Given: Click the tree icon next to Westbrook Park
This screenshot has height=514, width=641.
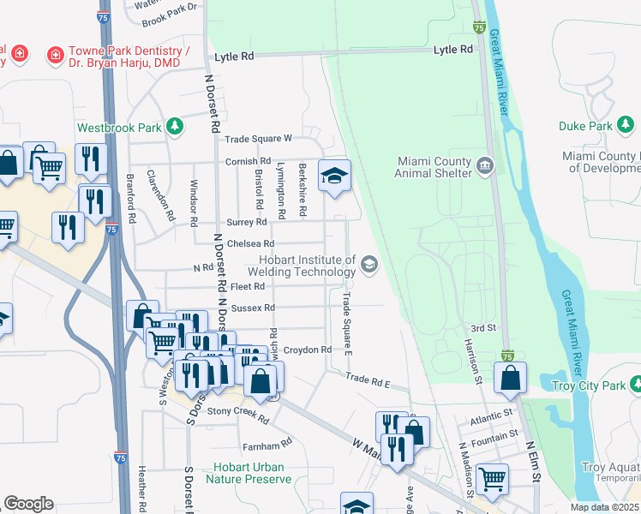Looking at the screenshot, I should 175,127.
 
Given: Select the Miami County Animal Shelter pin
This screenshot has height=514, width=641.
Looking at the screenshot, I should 485,164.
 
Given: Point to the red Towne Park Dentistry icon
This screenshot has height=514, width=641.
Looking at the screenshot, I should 55,55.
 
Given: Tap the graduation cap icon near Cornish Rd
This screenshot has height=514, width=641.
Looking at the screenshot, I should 334,176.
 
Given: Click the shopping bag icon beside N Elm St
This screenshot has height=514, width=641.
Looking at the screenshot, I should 510,377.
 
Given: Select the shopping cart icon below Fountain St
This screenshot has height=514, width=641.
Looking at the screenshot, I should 491,479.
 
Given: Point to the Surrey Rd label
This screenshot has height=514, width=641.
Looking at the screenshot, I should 248,222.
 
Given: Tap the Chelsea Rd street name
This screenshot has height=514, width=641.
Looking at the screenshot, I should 250,243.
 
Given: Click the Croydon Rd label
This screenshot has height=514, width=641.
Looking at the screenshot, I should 308,350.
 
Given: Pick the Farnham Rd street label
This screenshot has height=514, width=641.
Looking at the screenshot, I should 268,445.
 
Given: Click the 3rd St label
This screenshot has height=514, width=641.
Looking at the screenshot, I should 484,328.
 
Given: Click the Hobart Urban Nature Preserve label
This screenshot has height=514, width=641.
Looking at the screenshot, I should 249,473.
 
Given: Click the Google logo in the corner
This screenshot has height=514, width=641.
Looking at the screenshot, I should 28,504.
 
